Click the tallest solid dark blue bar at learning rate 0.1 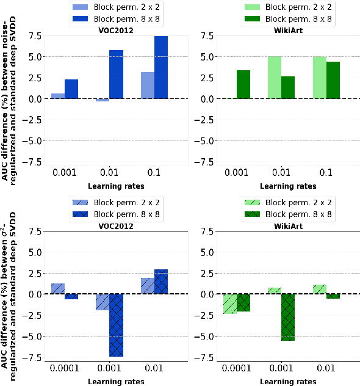161,67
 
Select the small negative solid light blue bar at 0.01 102,100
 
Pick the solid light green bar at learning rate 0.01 275,77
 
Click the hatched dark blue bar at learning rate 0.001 117,325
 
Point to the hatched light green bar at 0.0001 229,304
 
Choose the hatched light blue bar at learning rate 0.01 147,286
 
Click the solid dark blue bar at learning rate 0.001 71,89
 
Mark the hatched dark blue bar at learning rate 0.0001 71,296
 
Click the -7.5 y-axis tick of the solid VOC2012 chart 34,162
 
